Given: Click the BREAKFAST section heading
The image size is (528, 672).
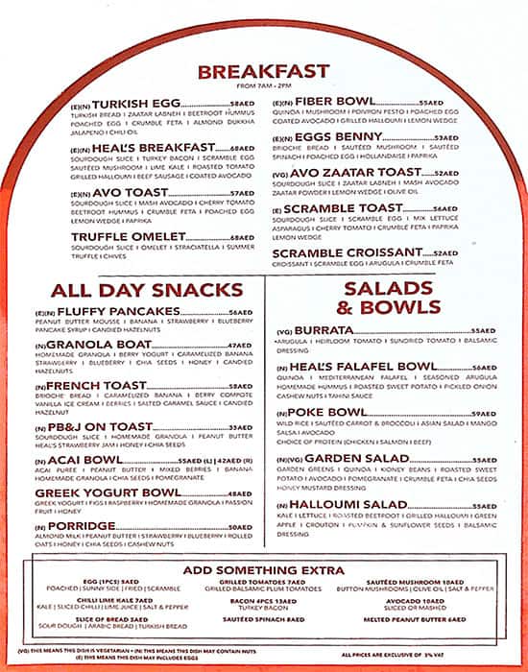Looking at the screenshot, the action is coord(263,70).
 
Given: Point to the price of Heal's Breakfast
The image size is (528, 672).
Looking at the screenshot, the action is coord(244,148).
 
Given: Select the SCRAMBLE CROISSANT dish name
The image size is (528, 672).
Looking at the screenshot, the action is coord(352,254).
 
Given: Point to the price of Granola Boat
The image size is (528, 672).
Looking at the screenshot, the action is coord(238,345).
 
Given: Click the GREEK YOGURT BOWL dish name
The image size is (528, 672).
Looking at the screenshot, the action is coord(134,493).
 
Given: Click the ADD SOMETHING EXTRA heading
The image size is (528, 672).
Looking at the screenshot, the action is coord(263,570).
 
